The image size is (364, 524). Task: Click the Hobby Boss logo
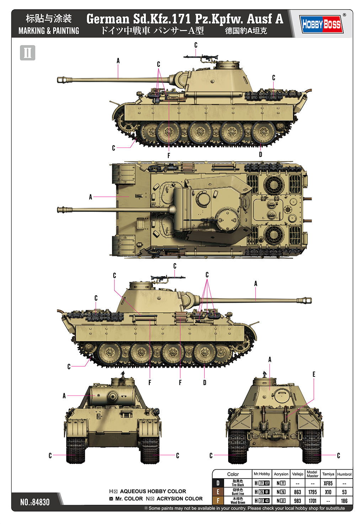tap(321, 24)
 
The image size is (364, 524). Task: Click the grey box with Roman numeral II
tap(28, 53)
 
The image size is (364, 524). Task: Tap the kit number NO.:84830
tap(35, 502)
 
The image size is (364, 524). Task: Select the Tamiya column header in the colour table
tap(328, 474)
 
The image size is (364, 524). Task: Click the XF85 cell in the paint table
tap(328, 483)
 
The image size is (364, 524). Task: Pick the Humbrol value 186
tap(344, 501)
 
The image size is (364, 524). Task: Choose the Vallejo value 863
tap(298, 492)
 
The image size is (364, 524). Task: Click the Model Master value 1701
tap(312, 501)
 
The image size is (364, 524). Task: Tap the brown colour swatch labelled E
tap(218, 492)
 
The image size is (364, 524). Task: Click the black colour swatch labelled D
tap(218, 483)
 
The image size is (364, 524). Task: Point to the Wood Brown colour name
tap(238, 502)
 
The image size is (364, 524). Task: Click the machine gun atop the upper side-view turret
tap(201, 57)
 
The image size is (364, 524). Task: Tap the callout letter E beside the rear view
tap(314, 374)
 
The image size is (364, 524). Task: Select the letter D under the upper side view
tap(261, 155)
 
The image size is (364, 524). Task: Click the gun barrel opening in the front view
tap(113, 396)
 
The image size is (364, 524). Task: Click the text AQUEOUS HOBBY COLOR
tap(153, 491)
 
